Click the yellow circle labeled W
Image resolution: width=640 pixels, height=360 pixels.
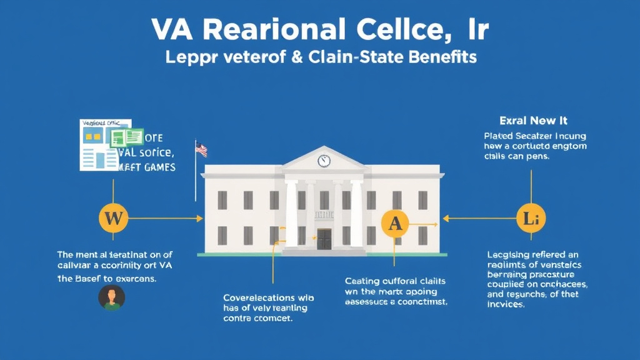pyautogui.click(x=113, y=219)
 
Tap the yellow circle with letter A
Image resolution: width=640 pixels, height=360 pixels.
pyautogui.click(x=395, y=223)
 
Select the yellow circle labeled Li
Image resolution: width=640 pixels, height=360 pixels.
pyautogui.click(x=530, y=219)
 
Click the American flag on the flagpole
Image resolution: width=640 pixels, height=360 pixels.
pyautogui.click(x=201, y=149)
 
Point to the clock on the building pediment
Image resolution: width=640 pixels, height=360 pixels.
pyautogui.click(x=324, y=161)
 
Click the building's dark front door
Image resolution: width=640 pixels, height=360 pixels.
pyautogui.click(x=324, y=239)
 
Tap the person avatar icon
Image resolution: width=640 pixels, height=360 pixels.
pyautogui.click(x=112, y=297)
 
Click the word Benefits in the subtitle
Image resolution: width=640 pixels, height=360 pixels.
pyautogui.click(x=442, y=57)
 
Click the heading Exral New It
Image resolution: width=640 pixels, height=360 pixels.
pyautogui.click(x=533, y=120)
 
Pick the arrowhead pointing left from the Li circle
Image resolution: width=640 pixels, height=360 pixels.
pyautogui.click(x=446, y=219)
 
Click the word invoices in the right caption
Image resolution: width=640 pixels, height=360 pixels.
pyautogui.click(x=506, y=304)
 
